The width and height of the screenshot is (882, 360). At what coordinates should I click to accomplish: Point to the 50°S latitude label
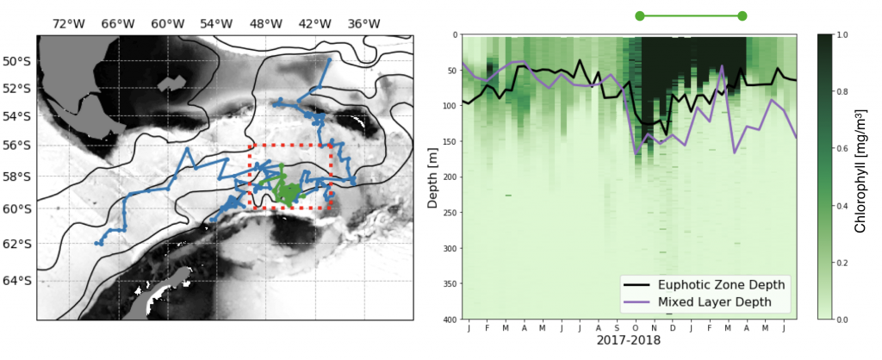(18, 61)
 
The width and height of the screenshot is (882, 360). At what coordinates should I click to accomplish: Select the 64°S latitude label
(18, 281)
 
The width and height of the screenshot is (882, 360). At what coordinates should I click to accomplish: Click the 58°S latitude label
(18, 177)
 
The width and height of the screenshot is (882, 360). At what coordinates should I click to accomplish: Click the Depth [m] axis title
(433, 177)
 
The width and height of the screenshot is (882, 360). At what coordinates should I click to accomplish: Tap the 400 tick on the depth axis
(450, 320)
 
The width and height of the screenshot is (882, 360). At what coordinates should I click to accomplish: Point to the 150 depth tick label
(450, 141)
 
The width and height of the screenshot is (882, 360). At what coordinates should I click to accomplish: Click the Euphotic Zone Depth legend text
(724, 284)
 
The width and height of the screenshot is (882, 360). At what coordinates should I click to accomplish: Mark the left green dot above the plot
(639, 16)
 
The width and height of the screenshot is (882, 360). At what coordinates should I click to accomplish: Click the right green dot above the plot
(742, 16)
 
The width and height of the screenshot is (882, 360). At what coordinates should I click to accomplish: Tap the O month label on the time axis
(636, 327)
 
